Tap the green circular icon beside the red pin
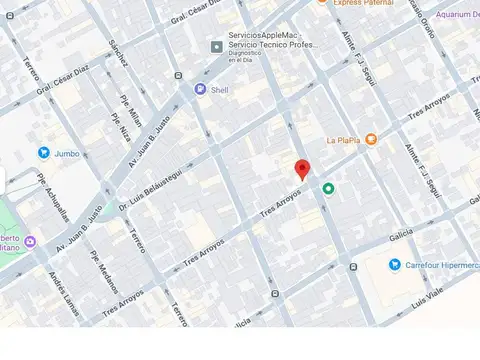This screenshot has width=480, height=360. coord(327,188)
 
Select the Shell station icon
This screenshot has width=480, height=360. coord(200,88)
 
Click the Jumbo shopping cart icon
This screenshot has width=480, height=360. coord(44,152)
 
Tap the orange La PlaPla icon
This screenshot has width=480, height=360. coord(371,139)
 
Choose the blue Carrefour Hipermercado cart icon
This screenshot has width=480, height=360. coord(396,265)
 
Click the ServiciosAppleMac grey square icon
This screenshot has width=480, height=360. coord(214,46)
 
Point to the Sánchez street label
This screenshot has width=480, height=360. coord(120,52)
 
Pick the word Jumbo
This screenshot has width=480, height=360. coord(67,153)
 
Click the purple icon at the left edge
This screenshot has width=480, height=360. coord(30,241)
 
